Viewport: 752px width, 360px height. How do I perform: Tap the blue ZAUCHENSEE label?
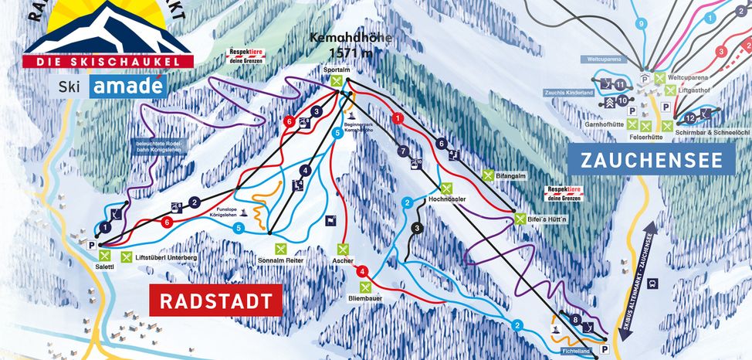[x=651, y=160]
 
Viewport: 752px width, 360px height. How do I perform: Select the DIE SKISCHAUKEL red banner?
[x=108, y=61]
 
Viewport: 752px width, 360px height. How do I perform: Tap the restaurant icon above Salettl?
[x=106, y=256]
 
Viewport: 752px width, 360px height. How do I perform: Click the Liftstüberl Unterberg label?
[x=167, y=257]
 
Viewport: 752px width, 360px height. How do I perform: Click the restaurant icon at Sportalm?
[x=335, y=80]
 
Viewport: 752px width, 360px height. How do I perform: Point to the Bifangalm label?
[x=510, y=176]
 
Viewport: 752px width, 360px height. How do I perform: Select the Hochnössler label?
[x=444, y=198]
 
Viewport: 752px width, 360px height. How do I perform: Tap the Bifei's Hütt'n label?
[x=546, y=219]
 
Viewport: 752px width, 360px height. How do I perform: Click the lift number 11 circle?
[x=619, y=84]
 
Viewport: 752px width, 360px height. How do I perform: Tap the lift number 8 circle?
[x=574, y=319]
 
